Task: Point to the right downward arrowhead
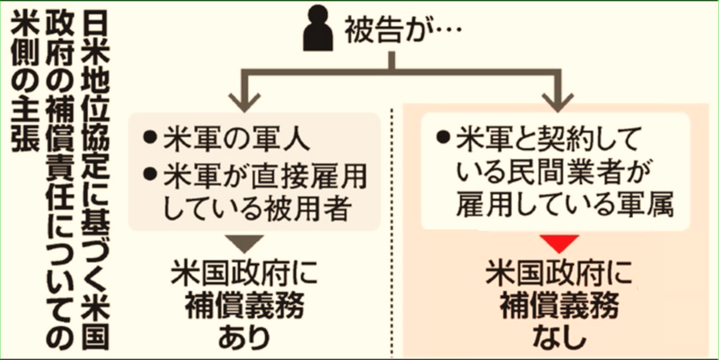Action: [558, 100]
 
